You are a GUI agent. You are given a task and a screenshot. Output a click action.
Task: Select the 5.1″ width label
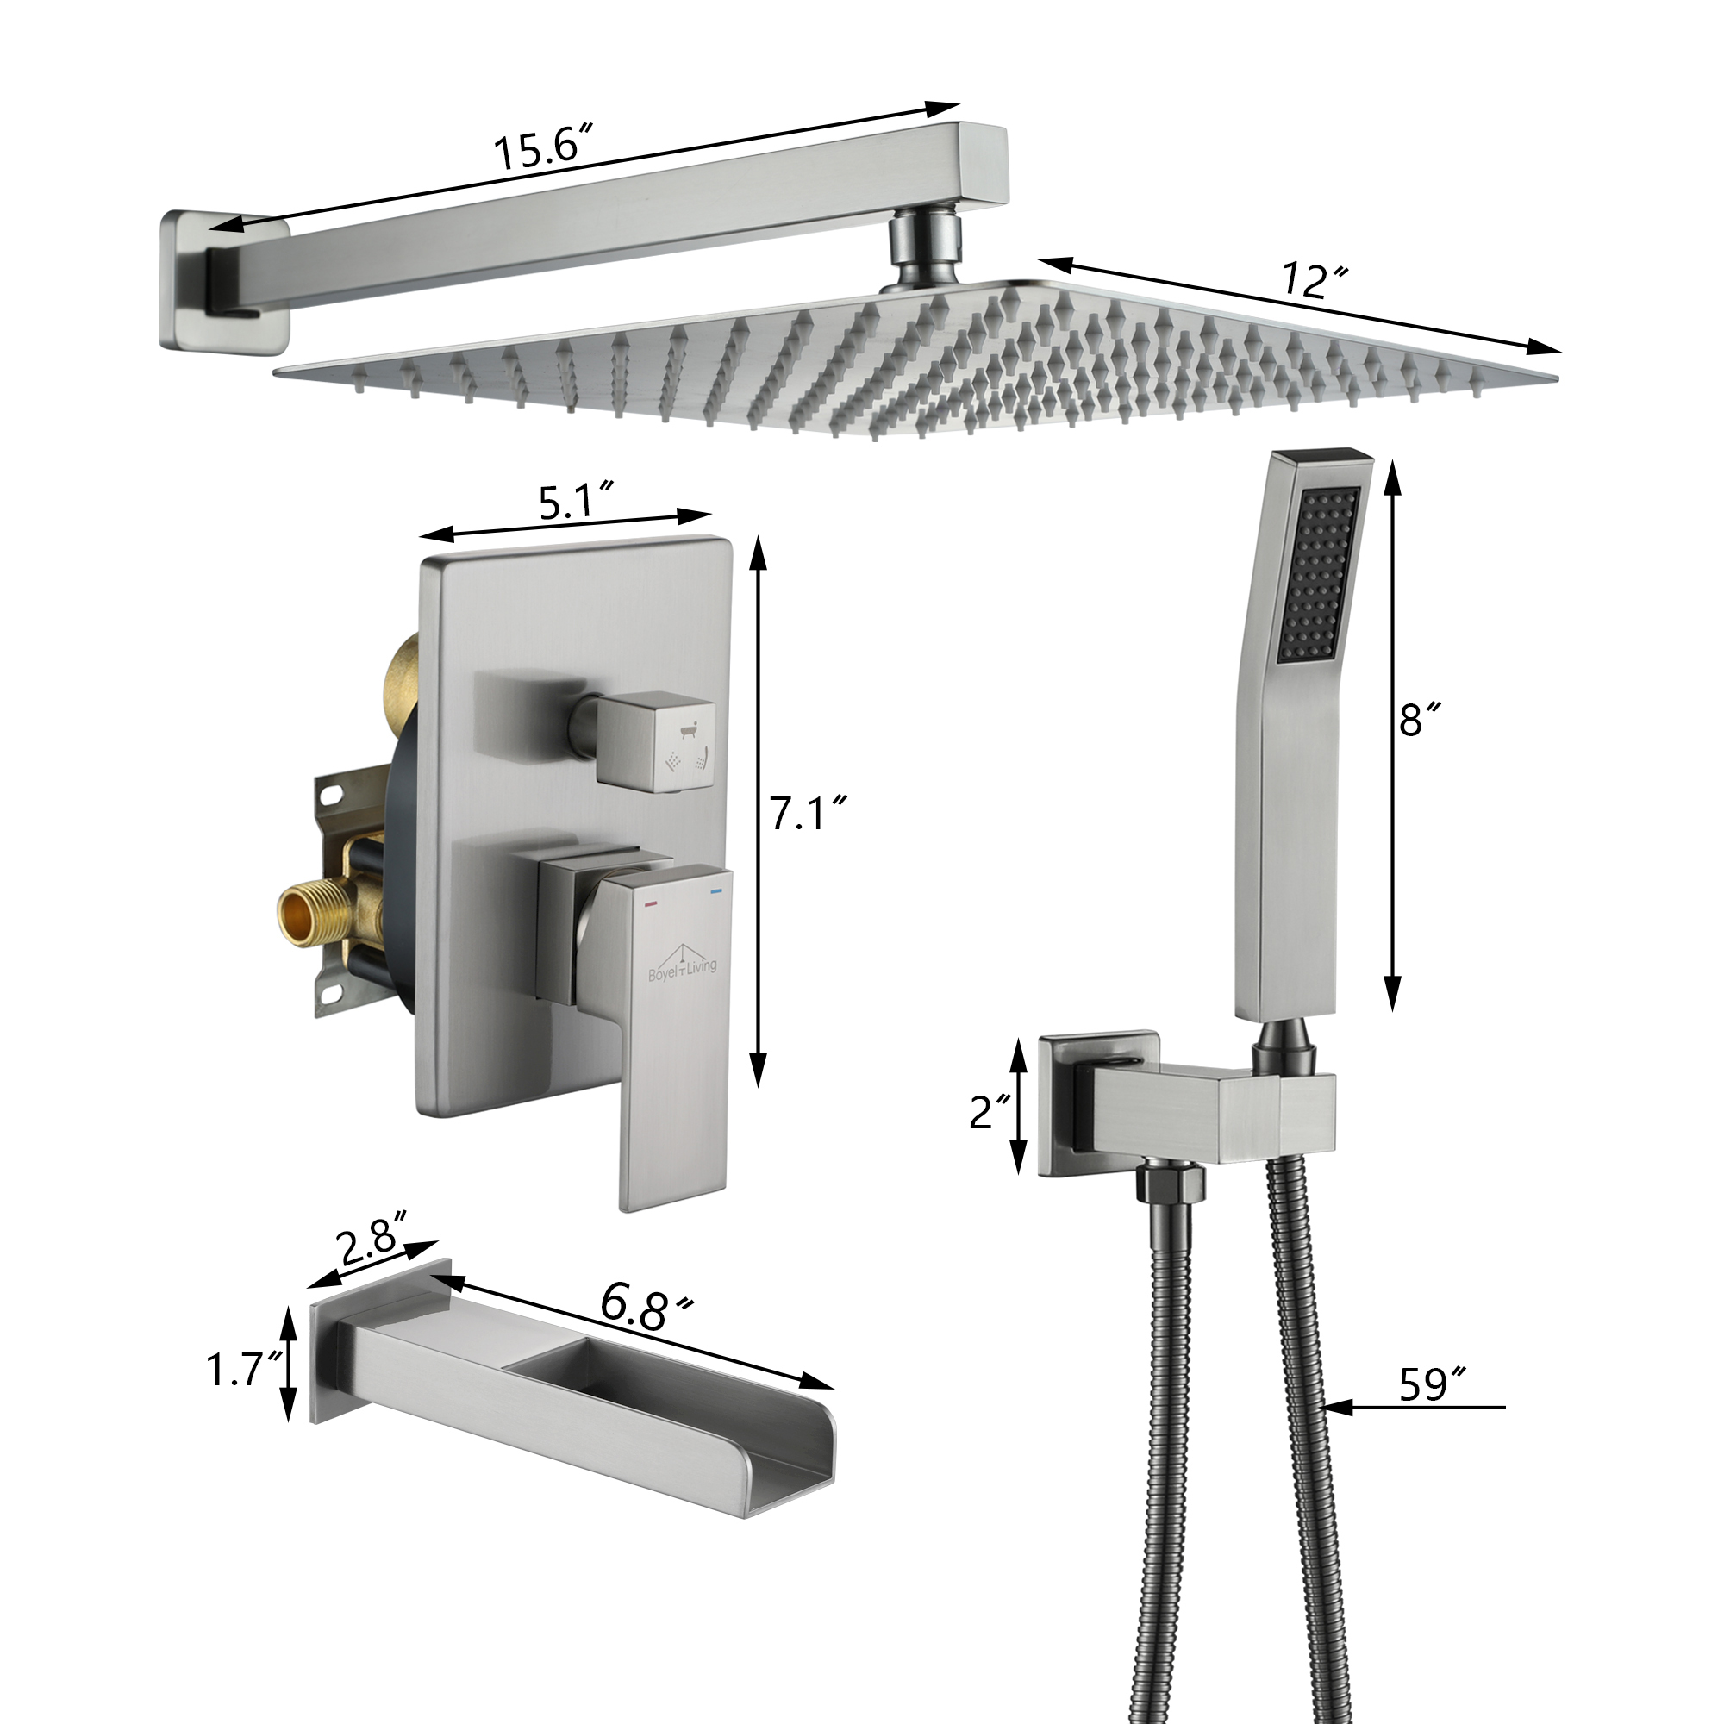tap(578, 501)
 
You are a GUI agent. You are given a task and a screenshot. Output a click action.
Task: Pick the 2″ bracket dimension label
tap(990, 1111)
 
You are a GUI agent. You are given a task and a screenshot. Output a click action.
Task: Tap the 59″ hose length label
tap(1432, 1384)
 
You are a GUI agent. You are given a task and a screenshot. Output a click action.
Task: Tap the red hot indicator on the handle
tap(651, 903)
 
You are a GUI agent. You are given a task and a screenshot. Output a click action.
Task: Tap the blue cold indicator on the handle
tap(714, 891)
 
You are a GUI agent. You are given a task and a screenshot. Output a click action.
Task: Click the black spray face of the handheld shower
tap(1322, 575)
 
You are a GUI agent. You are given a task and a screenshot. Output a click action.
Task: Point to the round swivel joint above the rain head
tap(925, 247)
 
